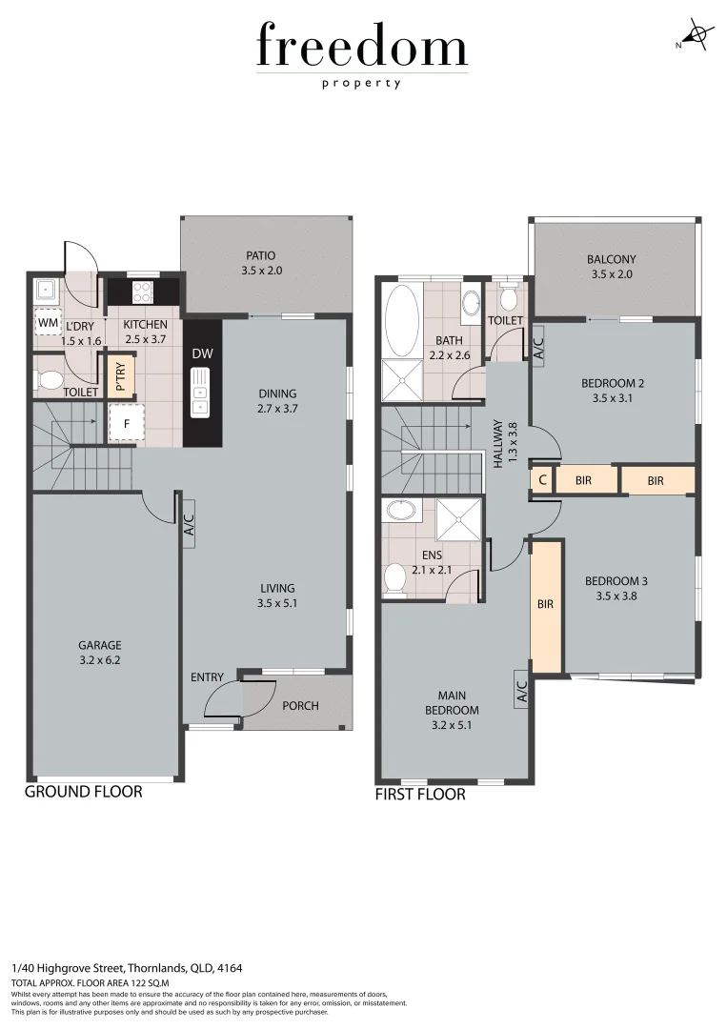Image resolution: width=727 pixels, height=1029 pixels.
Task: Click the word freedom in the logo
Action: coord(362,48)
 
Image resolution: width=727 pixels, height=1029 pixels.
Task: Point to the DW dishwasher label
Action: coord(202,354)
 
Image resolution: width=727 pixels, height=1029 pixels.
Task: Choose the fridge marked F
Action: coord(126,422)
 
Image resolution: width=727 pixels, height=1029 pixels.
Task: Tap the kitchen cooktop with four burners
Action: coord(143,291)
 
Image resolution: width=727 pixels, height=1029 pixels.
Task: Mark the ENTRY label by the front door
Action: coord(207,677)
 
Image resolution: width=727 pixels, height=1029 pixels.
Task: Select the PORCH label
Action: coord(300,706)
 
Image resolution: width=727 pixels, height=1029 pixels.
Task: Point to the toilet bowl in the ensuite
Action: coord(394,578)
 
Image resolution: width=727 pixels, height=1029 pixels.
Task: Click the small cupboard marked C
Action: coord(542,481)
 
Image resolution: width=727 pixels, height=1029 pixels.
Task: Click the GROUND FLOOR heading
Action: coord(83,792)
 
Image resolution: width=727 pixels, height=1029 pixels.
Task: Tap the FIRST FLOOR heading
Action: coord(420,794)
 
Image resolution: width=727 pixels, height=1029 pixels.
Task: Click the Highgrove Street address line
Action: coord(127,968)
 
